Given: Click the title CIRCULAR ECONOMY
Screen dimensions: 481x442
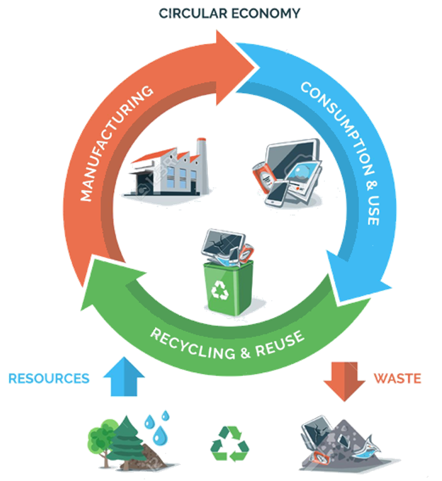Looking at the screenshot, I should coord(229,13).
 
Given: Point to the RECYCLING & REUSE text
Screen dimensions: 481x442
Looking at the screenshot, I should coord(227,343).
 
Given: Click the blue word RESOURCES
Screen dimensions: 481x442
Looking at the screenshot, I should coord(49,378).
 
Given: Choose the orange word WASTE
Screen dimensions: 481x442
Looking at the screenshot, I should coord(397,378).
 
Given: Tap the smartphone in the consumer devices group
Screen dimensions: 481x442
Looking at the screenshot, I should coord(278,193).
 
